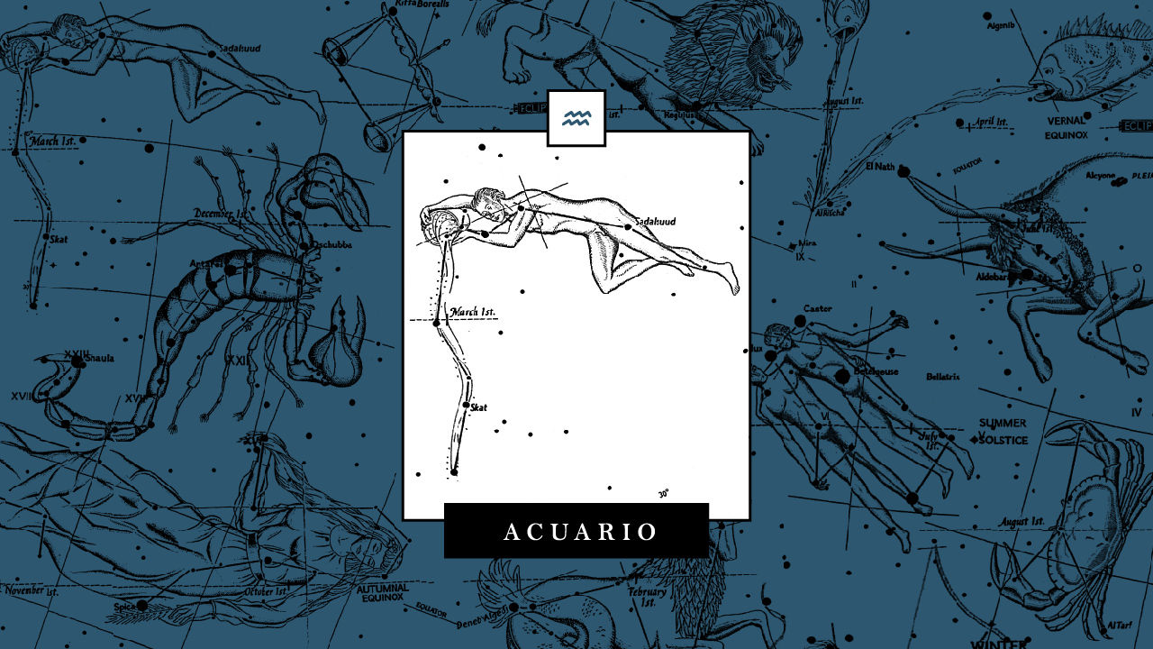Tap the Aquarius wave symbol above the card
coord(576,118)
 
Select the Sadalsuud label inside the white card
coord(655,222)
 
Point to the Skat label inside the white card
coord(478,408)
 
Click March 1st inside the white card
coord(473,312)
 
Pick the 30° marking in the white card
coord(663,493)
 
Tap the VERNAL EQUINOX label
coord(1067,127)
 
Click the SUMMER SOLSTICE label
coord(1003,431)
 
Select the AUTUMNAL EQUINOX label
coord(383,593)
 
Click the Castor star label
coord(817,308)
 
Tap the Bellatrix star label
coord(942,376)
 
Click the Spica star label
coord(124,608)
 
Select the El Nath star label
coord(879,167)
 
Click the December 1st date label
coord(221,214)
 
